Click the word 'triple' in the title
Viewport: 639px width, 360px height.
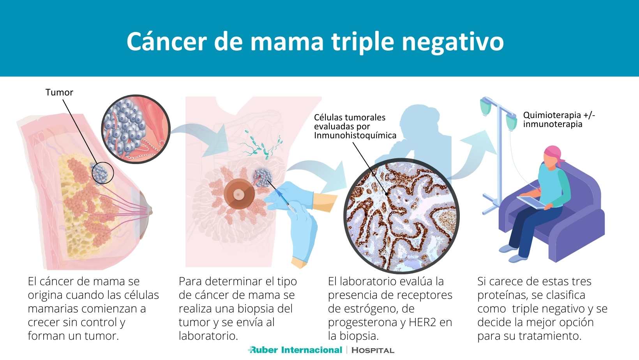(x=363, y=42)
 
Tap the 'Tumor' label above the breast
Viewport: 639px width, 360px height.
(x=59, y=92)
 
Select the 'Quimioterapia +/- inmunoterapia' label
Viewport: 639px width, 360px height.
(x=559, y=120)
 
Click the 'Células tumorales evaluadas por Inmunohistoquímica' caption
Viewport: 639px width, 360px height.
(x=355, y=126)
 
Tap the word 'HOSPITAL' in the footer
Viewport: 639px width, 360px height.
(x=373, y=350)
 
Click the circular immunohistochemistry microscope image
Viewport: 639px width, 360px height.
(x=402, y=217)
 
